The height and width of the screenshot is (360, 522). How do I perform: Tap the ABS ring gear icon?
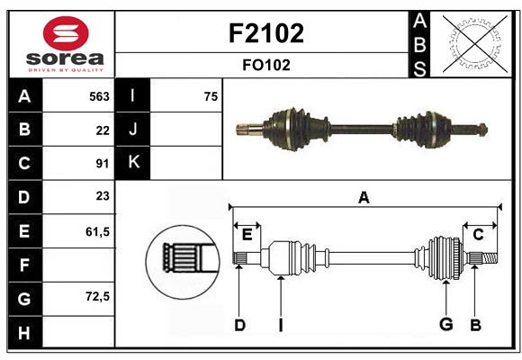pos(474,43)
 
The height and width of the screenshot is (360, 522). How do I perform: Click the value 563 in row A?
pos(99,96)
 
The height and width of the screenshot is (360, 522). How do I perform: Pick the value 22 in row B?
pos(103,130)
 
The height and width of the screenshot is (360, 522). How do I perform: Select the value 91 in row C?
pos(103,164)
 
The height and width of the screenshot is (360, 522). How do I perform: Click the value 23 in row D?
pos(103,196)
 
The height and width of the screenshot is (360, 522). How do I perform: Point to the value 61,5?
pos(97,231)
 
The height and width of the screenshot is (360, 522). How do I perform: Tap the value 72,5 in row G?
pos(97,296)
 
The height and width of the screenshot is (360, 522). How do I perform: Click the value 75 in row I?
pos(211,96)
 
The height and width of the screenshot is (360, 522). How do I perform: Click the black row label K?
pos(133,163)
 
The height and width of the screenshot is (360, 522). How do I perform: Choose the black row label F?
pos(24,265)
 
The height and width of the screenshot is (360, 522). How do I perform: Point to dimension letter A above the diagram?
pos(364,197)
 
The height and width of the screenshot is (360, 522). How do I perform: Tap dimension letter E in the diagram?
pos(247,234)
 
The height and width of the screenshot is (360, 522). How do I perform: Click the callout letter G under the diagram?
pos(445,324)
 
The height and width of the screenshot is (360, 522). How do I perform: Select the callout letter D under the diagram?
pos(239,325)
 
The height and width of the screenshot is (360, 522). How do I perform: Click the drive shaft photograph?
pos(360,128)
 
